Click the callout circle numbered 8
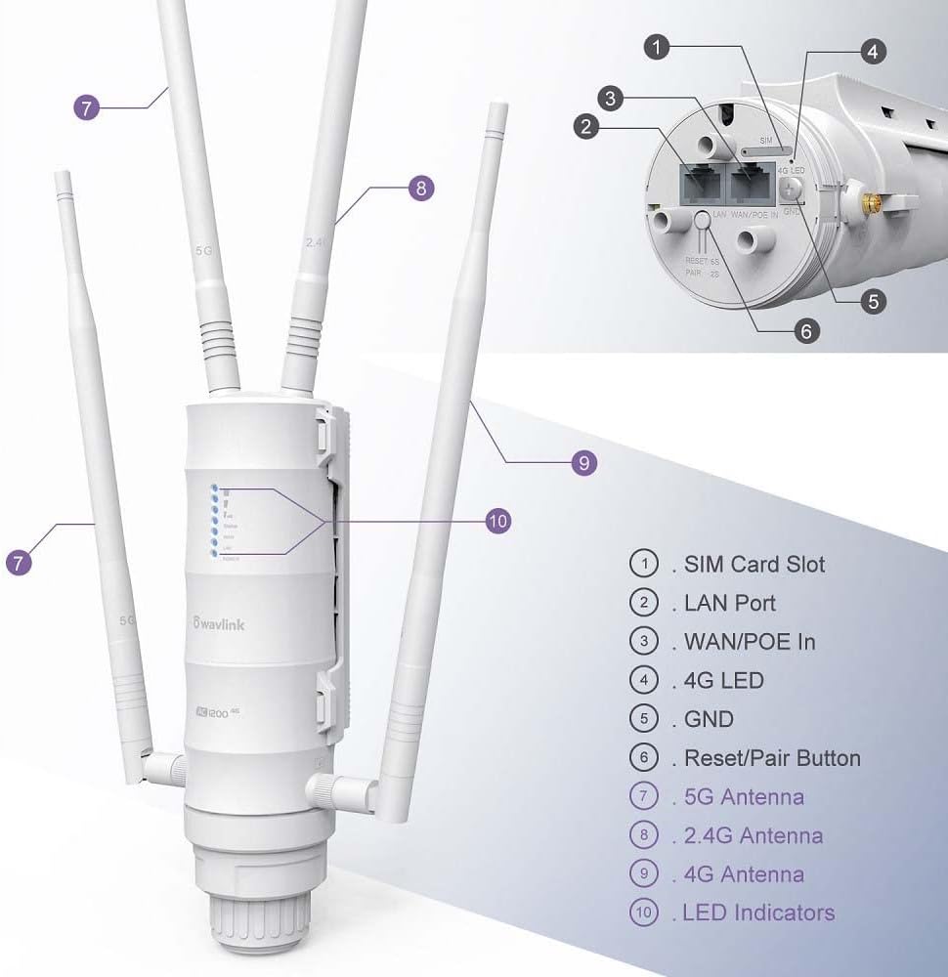click(x=420, y=189)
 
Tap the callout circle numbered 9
click(x=583, y=463)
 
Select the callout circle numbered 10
click(x=497, y=522)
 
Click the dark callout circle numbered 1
click(x=661, y=46)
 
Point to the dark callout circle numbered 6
click(x=806, y=331)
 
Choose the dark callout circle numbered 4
click(x=873, y=52)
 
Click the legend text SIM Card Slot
click(x=754, y=564)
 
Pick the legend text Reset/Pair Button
click(x=772, y=758)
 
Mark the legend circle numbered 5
click(x=644, y=719)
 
